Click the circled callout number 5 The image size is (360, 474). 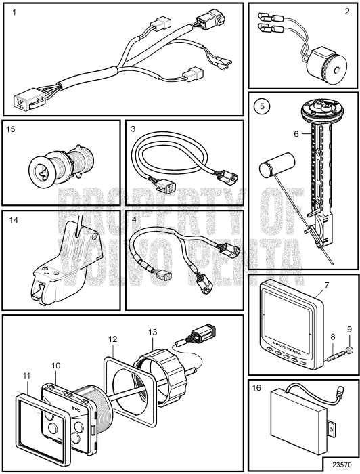tap(262, 106)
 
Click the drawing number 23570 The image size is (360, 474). tap(342, 465)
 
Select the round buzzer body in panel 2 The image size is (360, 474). tap(327, 66)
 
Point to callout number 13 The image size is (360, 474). tap(153, 332)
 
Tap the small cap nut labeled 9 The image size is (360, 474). tap(349, 350)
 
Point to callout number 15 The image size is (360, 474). tap(11, 129)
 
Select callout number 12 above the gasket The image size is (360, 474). tap(112, 339)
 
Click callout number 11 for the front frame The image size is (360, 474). tap(26, 376)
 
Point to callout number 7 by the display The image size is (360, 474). tap(326, 285)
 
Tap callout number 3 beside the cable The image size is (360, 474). tap(133, 129)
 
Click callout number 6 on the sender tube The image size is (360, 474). tap(296, 134)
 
